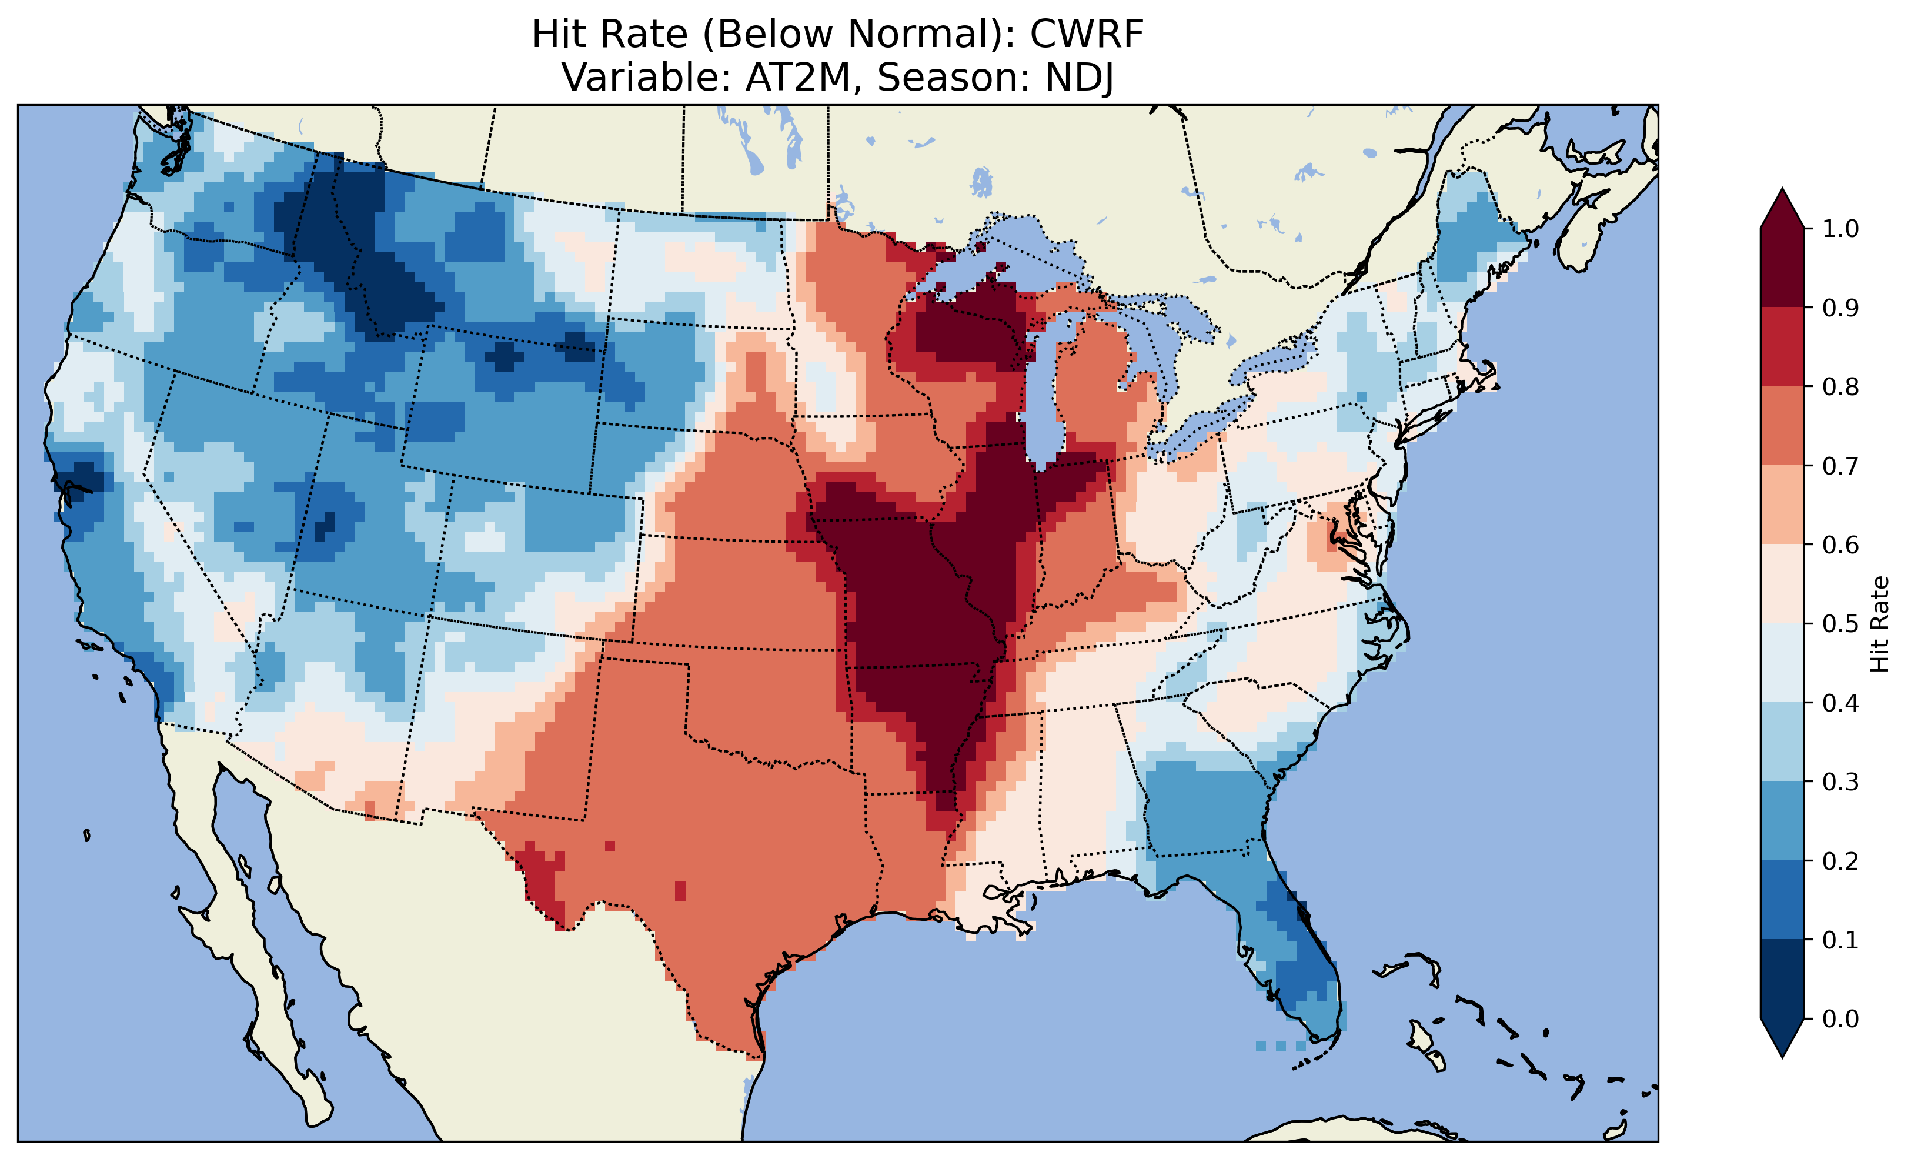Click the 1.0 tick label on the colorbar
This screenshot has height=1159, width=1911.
click(1840, 229)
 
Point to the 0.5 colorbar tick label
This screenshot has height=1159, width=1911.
click(1840, 624)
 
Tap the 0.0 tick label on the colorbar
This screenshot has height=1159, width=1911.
click(1840, 1018)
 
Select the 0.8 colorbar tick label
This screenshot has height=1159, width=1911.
click(1840, 386)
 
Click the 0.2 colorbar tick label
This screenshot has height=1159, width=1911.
click(1840, 861)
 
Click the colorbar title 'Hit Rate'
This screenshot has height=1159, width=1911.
click(1879, 624)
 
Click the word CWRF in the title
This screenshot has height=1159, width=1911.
click(1086, 34)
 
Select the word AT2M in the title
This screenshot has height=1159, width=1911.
click(798, 78)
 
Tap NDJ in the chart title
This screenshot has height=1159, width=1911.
click(1080, 78)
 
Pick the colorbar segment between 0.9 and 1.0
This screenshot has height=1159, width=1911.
click(1782, 268)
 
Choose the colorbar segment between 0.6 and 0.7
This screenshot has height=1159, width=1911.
click(1782, 505)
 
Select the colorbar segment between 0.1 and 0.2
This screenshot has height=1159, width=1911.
click(1782, 900)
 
